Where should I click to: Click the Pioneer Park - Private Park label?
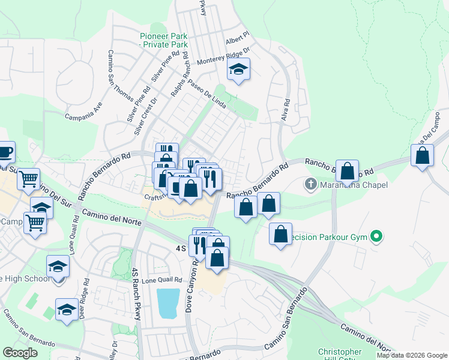163,40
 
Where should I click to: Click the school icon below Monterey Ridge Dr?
238,71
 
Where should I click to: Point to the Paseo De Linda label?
207,94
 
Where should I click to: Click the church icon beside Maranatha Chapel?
310,184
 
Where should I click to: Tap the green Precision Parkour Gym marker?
376,237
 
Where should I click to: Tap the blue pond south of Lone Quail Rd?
168,304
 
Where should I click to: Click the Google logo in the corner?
20,353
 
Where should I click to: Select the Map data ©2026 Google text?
412,355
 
